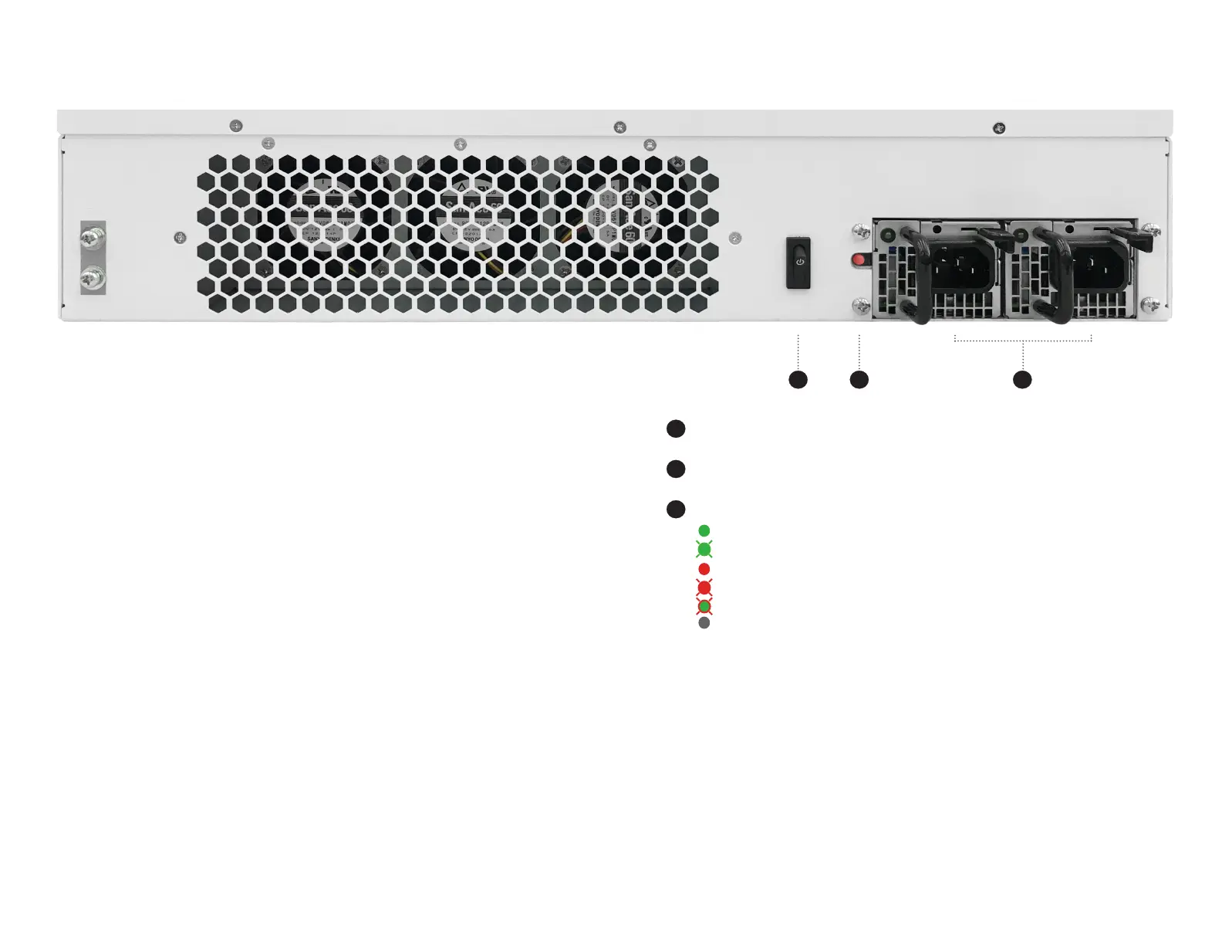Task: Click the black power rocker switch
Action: tap(798, 262)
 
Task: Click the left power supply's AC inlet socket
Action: tap(964, 266)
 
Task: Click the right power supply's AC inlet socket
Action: tap(1100, 266)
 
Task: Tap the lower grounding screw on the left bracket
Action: tap(93, 277)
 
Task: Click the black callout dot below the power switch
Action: tap(798, 380)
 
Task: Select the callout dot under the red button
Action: tap(859, 380)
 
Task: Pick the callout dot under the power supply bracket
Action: tap(1022, 380)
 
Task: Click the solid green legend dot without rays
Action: tap(704, 530)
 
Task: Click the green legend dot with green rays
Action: tap(704, 549)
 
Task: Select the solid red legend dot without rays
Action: tap(704, 569)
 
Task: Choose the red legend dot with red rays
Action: tap(704, 588)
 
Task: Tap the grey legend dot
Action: tap(704, 623)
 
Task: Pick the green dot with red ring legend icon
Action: tap(704, 607)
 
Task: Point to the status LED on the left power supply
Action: tap(888, 233)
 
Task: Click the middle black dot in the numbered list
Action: tap(676, 469)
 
